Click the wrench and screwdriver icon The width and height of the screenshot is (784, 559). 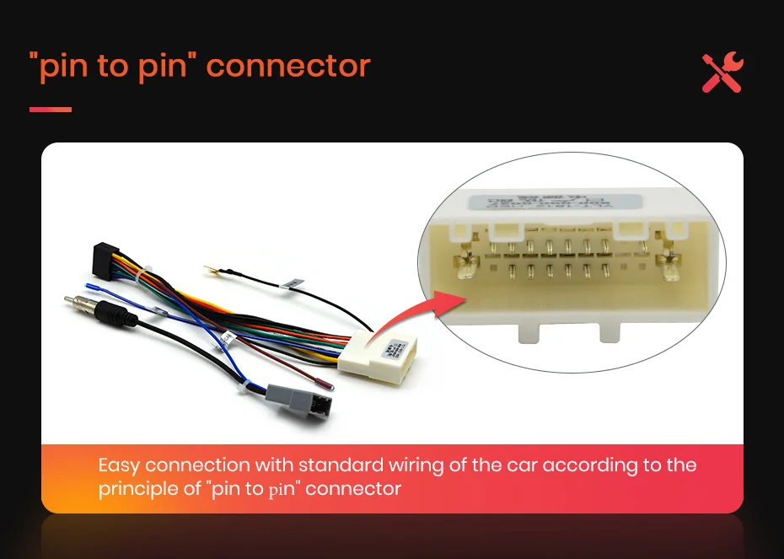(722, 73)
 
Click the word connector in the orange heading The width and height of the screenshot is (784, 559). (288, 66)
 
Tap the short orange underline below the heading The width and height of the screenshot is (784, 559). (51, 109)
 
